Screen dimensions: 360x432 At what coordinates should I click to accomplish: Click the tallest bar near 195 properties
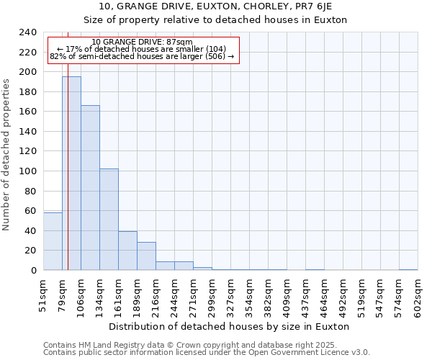tap(71, 173)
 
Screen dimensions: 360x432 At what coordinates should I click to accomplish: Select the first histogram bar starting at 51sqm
tap(53, 241)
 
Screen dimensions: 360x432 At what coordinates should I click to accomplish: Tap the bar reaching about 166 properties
tap(90, 187)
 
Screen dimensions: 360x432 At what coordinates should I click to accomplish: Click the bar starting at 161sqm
tap(127, 251)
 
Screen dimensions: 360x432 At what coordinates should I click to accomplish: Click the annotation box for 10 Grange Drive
tap(142, 50)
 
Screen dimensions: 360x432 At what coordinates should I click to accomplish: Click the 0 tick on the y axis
tap(33, 271)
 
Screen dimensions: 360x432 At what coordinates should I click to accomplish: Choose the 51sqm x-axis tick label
tap(44, 295)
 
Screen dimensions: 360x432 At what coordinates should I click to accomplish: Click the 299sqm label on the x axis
tap(212, 295)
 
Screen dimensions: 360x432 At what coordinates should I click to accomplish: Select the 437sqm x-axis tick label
tap(306, 295)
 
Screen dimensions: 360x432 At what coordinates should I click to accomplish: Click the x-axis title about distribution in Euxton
tap(230, 326)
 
